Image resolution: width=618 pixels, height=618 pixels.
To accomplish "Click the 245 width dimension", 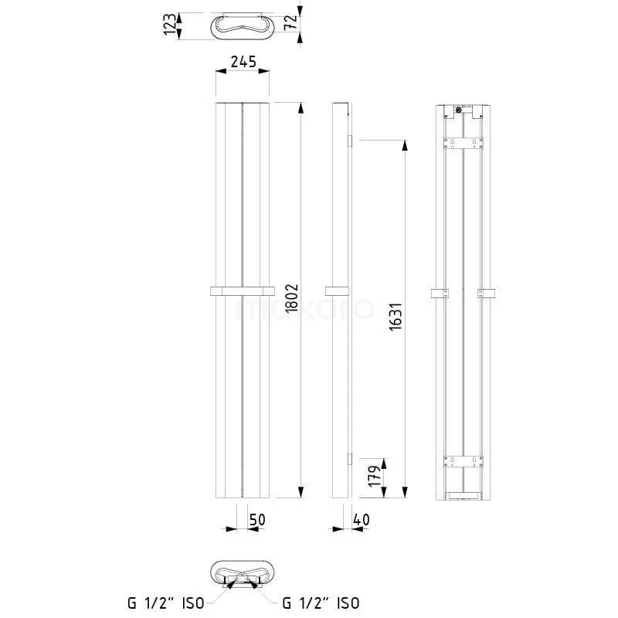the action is pyautogui.click(x=243, y=62).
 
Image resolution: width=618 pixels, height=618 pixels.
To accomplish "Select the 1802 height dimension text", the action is pyautogui.click(x=292, y=298).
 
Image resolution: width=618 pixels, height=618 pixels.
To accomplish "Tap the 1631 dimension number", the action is pyautogui.click(x=396, y=317).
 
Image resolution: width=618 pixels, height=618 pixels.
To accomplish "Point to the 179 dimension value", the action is pyautogui.click(x=375, y=476).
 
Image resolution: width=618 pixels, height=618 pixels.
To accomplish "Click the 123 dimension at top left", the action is pyautogui.click(x=170, y=25).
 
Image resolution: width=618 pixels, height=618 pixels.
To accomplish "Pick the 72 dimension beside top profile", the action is pyautogui.click(x=290, y=22).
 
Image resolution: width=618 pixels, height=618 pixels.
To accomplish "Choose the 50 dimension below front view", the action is pyautogui.click(x=257, y=520).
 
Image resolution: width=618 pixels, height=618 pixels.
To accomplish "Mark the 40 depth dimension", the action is pyautogui.click(x=361, y=520).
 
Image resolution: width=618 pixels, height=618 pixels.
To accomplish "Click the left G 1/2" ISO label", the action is pyautogui.click(x=166, y=603).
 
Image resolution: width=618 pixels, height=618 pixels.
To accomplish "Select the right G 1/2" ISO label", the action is pyautogui.click(x=321, y=603).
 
